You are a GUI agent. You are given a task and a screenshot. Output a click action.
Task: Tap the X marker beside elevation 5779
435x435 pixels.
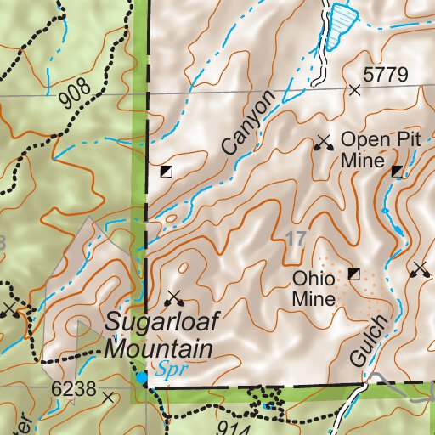point(355,89)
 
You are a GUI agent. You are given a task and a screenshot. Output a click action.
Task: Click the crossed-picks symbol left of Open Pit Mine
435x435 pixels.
point(322,142)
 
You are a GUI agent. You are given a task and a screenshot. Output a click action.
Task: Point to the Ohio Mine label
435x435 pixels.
point(314,288)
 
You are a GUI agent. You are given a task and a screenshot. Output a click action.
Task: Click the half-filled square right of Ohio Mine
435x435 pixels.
point(354,273)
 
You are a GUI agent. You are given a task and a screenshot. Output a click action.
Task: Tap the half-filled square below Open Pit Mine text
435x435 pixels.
point(397,172)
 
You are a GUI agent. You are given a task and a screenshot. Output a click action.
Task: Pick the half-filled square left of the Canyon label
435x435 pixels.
point(166,171)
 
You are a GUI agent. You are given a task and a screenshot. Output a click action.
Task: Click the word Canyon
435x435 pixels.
point(250,124)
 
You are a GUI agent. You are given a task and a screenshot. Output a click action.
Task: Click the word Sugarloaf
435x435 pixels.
point(157,323)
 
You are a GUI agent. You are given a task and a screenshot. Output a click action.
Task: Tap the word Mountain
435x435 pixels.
point(159,348)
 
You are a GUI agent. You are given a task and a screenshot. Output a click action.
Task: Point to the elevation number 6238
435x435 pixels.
point(73,387)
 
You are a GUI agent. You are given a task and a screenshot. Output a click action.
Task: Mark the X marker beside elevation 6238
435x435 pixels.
point(107,397)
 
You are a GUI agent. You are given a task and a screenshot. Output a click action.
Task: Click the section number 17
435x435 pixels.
point(297,240)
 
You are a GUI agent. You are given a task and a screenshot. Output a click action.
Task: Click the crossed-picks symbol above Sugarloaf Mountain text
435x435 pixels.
point(175,297)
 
